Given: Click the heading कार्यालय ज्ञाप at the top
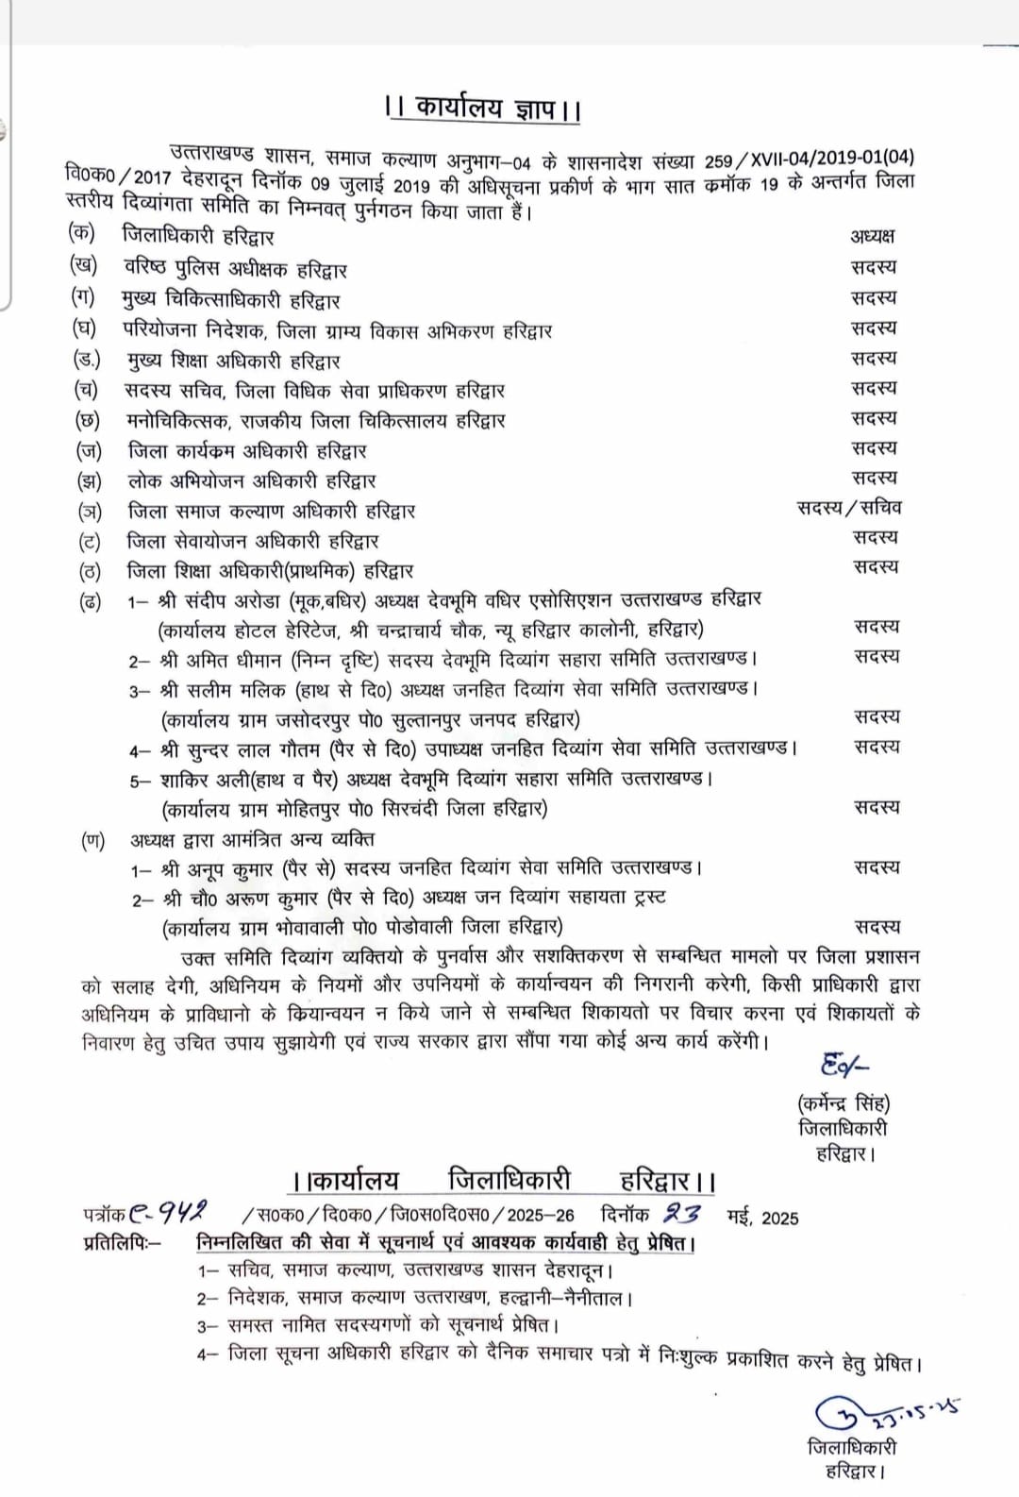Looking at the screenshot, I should pos(484,108).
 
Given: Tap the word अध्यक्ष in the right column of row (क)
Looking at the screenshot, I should pos(872,236).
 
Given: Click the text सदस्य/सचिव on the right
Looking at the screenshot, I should pos(849,508).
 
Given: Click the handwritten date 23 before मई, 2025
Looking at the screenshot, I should pos(682,1214).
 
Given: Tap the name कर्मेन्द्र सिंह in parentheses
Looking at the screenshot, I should pos(844,1102).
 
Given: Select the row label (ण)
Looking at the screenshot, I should pos(92,839).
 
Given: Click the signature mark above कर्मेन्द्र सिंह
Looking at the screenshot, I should pos(843,1066).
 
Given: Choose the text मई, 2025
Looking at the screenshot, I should pos(762,1217).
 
